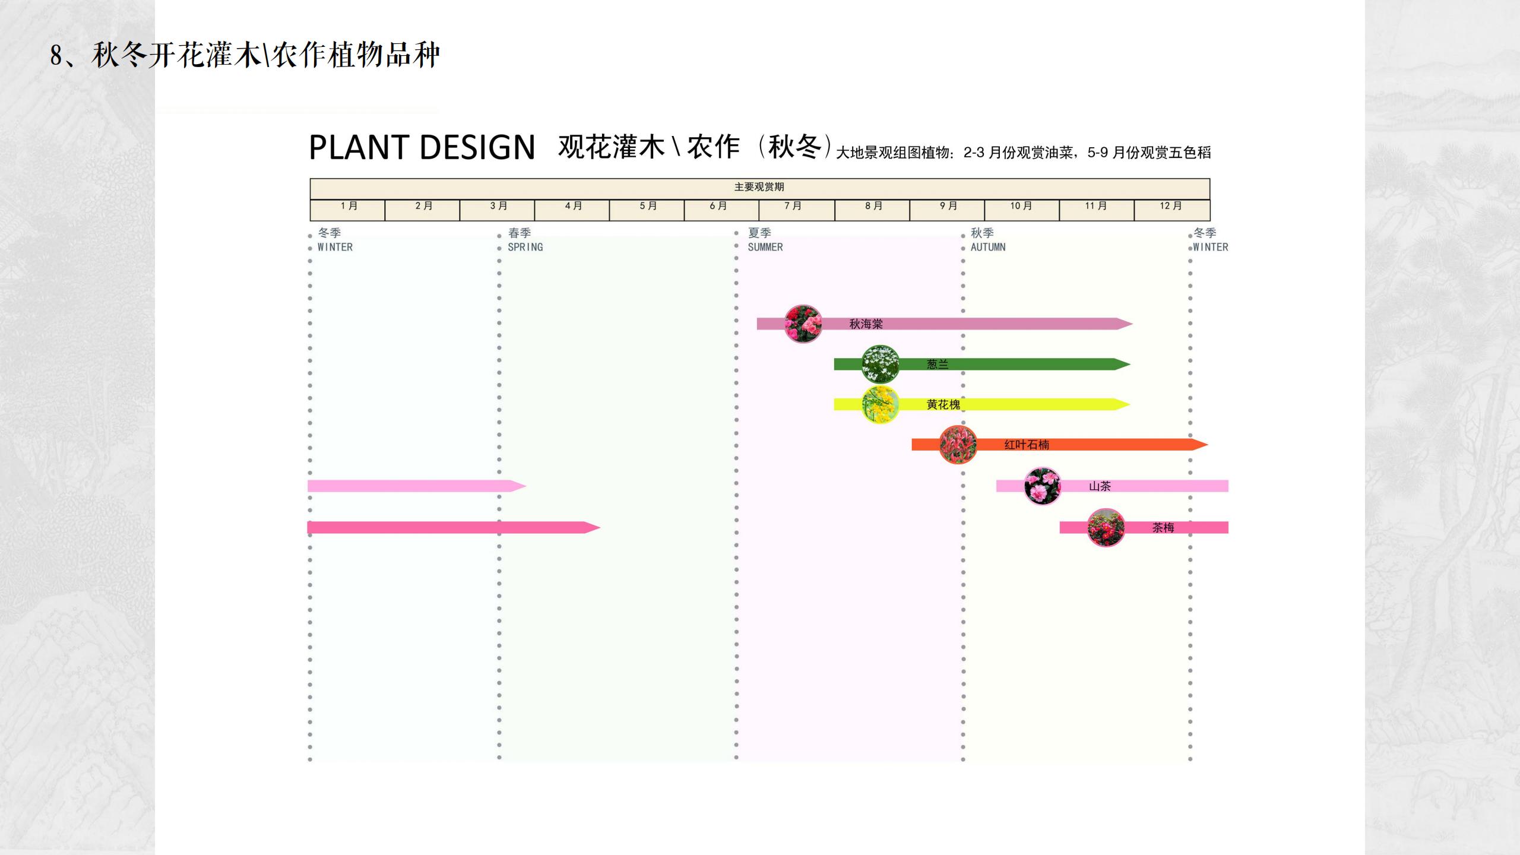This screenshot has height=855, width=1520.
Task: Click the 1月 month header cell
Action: pyautogui.click(x=348, y=206)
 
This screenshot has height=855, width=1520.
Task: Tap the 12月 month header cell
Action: pyautogui.click(x=1171, y=206)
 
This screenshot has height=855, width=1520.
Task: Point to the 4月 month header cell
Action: pyautogui.click(x=572, y=206)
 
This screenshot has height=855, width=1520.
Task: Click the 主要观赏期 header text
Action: pyautogui.click(x=759, y=187)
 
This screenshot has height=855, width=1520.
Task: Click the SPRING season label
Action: pyautogui.click(x=525, y=247)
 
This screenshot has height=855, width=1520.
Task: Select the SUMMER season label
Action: pyautogui.click(x=765, y=247)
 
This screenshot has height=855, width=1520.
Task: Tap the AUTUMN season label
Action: pyautogui.click(x=988, y=247)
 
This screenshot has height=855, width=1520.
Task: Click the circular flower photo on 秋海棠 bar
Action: pyautogui.click(x=803, y=324)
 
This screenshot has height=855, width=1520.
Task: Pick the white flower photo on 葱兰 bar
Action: pyautogui.click(x=880, y=364)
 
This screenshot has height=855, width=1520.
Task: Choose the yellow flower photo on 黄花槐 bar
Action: pyautogui.click(x=880, y=404)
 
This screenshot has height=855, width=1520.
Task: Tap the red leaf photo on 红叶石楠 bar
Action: pyautogui.click(x=958, y=444)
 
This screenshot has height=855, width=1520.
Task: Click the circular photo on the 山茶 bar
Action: pyautogui.click(x=1043, y=486)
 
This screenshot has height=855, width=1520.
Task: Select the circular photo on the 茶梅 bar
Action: pyautogui.click(x=1106, y=527)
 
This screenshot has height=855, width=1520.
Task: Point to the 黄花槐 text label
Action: pyautogui.click(x=943, y=405)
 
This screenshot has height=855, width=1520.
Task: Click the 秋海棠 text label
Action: pyautogui.click(x=866, y=324)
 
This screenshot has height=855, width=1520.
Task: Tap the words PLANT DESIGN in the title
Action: pyautogui.click(x=422, y=147)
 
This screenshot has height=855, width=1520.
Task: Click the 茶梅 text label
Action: pyautogui.click(x=1163, y=528)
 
